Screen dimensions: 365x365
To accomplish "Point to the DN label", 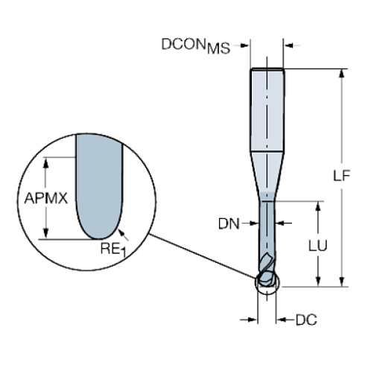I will pyautogui.click(x=229, y=223).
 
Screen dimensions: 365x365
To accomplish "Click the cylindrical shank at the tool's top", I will pyautogui.click(x=267, y=112).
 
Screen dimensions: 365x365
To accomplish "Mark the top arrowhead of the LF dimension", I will pyautogui.click(x=343, y=72).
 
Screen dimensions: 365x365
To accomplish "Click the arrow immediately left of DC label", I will pyautogui.click(x=282, y=320).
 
